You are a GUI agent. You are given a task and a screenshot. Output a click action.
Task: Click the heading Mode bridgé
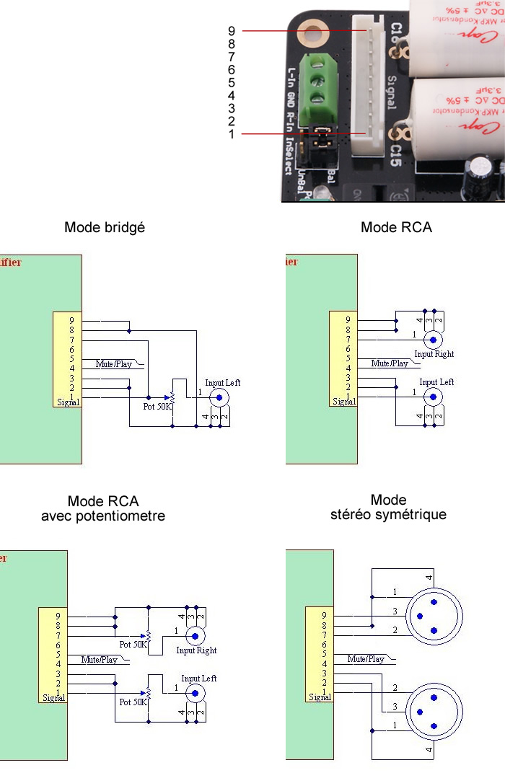pos(105,227)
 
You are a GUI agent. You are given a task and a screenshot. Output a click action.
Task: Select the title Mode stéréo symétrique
pos(388,507)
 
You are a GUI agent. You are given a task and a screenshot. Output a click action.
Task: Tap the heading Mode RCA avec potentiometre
pos(103,508)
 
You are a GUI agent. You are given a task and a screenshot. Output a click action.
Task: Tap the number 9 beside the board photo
pos(232,31)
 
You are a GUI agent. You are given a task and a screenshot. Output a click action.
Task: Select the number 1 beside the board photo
pos(232,134)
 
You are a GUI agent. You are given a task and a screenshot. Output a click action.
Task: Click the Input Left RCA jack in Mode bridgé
pos(219,397)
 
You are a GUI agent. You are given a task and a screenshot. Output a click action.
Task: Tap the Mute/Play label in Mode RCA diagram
pos(390,363)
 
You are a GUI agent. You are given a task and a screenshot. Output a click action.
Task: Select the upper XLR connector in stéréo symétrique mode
pos(434,617)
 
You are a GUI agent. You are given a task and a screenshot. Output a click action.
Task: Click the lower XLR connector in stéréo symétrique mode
pos(434,712)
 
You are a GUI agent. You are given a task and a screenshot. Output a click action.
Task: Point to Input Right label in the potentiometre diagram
pos(196,650)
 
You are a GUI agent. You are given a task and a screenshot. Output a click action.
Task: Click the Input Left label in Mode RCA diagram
pos(436,382)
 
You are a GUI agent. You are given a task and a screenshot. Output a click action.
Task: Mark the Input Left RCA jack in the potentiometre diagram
pos(195,693)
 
